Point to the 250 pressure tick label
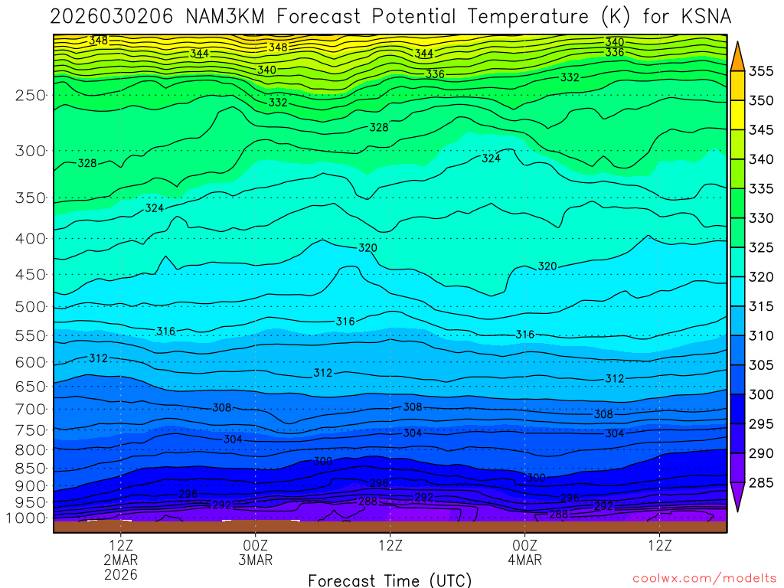click(x=30, y=96)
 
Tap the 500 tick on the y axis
click(x=30, y=307)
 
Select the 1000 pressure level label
click(x=26, y=518)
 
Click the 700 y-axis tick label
click(x=30, y=410)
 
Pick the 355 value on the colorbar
click(x=761, y=72)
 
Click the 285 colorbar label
click(x=761, y=482)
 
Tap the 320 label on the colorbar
click(x=761, y=277)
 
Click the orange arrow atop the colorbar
click(x=738, y=55)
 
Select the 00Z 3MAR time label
click(x=255, y=553)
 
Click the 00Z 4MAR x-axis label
click(x=524, y=553)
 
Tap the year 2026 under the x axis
click(x=122, y=573)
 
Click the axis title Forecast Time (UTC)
click(x=390, y=580)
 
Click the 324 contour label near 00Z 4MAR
click(x=491, y=158)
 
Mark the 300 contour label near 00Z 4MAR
click(x=536, y=478)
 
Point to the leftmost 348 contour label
click(x=99, y=41)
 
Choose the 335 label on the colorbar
click(x=761, y=189)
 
